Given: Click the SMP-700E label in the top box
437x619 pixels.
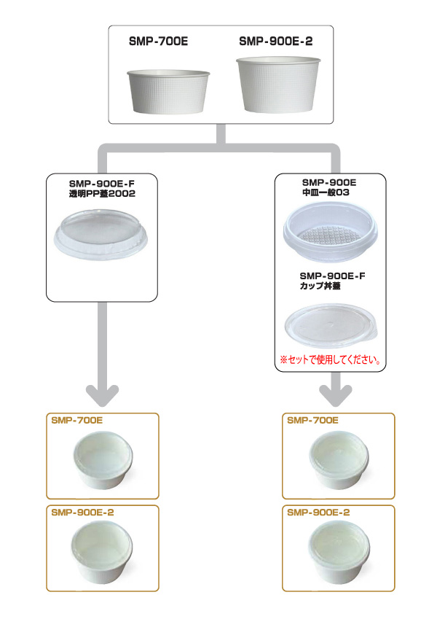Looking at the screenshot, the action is click(x=158, y=41).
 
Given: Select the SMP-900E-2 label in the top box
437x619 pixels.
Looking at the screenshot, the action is click(x=276, y=41).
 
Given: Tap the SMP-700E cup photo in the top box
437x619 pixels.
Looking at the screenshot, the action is click(x=168, y=92).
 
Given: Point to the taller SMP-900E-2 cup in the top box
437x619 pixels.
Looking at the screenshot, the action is click(x=278, y=85).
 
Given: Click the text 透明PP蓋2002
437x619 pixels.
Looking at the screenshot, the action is click(x=102, y=193).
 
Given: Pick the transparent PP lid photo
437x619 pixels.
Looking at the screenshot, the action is click(x=101, y=235).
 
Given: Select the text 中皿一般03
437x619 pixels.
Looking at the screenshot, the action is click(x=326, y=192).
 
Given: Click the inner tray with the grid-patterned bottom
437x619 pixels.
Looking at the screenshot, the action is click(x=330, y=232).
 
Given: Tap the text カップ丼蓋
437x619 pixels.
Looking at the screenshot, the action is click(x=320, y=285).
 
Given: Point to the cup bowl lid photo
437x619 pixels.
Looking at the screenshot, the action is click(x=331, y=325).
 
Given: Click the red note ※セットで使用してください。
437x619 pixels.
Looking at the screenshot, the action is click(x=331, y=359).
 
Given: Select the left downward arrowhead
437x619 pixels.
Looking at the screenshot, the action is click(x=103, y=396).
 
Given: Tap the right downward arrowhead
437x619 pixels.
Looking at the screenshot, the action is click(x=336, y=396).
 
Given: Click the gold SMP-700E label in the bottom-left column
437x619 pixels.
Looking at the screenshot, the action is click(x=77, y=421).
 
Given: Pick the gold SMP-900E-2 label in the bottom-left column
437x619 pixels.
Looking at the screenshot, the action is click(x=82, y=513).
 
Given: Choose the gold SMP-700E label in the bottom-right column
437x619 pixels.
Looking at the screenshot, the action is click(x=312, y=421).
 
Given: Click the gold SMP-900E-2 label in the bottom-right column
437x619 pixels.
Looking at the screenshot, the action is click(x=318, y=513).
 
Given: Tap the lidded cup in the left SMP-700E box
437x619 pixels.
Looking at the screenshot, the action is click(x=103, y=460).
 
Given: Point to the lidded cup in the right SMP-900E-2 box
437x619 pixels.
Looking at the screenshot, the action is click(x=339, y=552).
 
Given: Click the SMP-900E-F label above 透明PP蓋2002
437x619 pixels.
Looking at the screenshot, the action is click(x=102, y=184).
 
